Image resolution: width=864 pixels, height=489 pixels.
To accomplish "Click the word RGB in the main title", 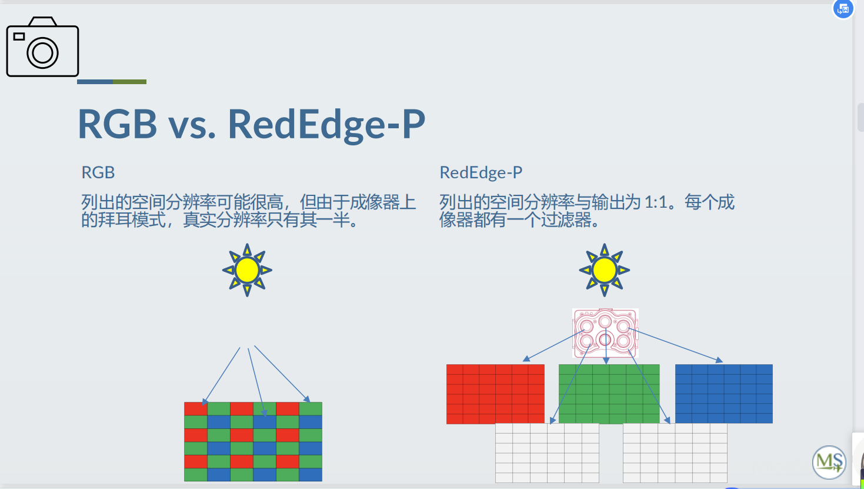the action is point(118,124).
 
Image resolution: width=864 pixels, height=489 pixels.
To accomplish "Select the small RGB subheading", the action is point(98,172).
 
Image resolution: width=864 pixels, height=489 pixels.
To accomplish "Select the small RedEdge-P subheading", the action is point(481,172).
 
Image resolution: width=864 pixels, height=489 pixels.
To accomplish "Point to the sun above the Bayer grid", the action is point(247,270).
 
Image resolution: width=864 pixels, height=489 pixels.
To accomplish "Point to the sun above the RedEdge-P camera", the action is point(605,270).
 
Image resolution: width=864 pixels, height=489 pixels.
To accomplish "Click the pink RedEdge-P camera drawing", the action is point(605,333).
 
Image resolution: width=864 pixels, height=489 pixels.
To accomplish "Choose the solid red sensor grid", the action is point(495,394).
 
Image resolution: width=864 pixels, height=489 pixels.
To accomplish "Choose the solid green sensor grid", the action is point(609,394).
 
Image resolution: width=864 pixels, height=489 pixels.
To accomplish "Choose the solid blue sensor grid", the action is point(724,394).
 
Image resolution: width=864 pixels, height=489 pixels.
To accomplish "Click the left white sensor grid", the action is point(547,453).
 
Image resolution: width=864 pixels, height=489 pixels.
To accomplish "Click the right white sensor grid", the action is point(675,453).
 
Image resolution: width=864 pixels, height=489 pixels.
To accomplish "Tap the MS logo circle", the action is point(829,462).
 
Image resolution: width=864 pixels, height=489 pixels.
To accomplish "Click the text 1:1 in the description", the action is point(656,202).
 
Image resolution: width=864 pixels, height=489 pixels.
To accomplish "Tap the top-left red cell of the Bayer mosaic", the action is point(195,409).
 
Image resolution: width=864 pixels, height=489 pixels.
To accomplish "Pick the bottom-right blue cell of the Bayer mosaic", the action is point(311,475).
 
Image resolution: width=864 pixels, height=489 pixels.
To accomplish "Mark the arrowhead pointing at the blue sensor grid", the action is point(719,360).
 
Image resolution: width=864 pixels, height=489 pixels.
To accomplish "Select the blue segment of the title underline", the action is point(95,82).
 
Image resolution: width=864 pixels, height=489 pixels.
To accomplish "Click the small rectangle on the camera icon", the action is point(19,36).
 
